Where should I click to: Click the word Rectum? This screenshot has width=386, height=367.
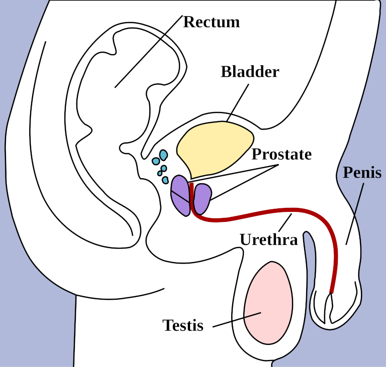[212, 22]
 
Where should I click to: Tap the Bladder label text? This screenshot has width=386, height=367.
[250, 72]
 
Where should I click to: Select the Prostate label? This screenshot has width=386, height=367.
[281, 154]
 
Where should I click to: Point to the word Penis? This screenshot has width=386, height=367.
[362, 172]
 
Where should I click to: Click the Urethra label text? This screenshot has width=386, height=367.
[269, 239]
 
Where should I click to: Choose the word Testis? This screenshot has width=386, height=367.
[183, 325]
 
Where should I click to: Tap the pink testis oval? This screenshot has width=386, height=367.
[268, 303]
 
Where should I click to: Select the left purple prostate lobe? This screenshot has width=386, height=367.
[180, 196]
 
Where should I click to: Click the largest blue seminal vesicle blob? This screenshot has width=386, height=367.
[163, 155]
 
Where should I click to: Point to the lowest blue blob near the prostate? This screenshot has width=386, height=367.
[165, 180]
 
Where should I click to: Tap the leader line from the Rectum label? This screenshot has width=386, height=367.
[149, 51]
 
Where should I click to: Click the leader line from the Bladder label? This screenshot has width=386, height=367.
[238, 102]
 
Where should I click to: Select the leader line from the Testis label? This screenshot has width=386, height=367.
[237, 320]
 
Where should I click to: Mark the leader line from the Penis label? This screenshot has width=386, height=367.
[355, 214]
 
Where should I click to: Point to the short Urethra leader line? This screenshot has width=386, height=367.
[285, 222]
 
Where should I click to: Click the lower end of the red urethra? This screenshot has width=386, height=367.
[332, 293]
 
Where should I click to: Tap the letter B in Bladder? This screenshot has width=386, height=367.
[226, 72]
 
